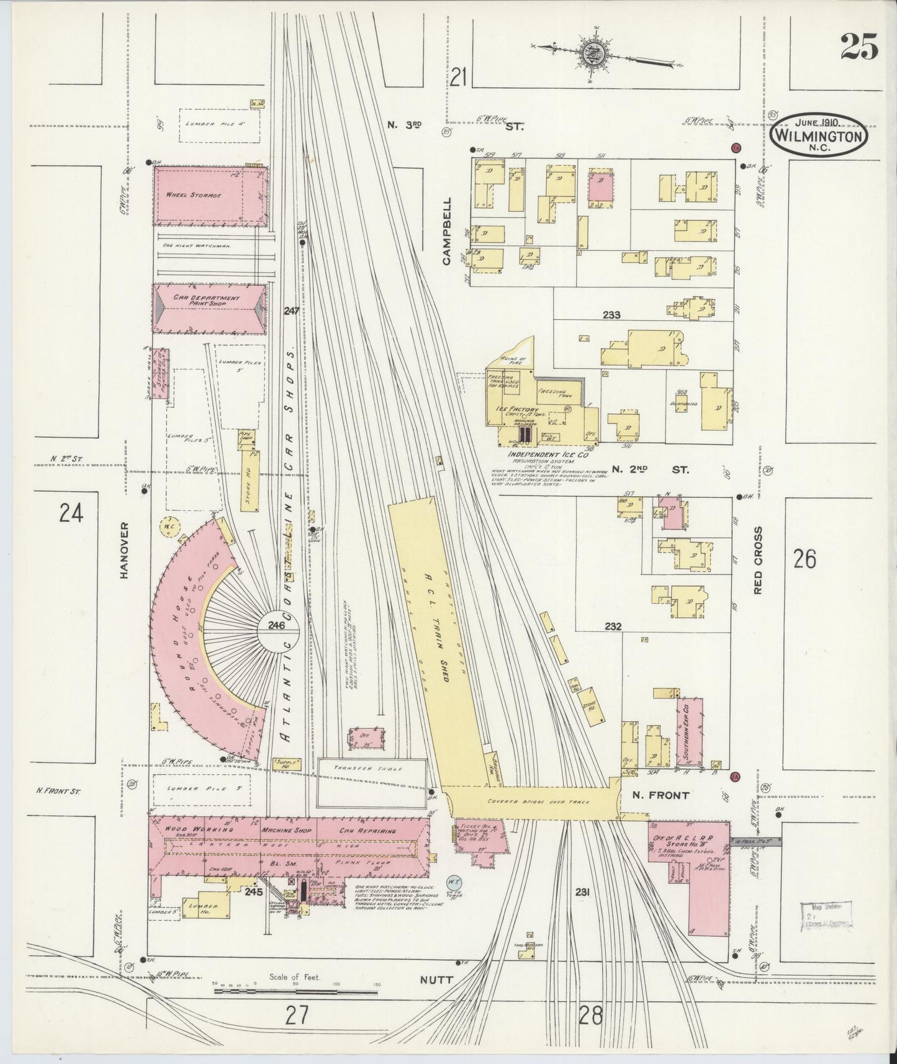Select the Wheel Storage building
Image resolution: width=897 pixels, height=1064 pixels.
click(x=210, y=196)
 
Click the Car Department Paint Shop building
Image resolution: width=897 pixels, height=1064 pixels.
click(x=210, y=302)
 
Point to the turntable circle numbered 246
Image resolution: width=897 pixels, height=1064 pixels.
click(x=277, y=626)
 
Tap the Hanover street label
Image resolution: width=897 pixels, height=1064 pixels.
click(x=124, y=550)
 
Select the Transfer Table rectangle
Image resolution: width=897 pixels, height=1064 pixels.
click(x=371, y=780)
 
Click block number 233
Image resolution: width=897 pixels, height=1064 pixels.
click(x=611, y=315)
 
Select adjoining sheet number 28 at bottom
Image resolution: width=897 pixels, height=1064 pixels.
click(x=590, y=1016)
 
